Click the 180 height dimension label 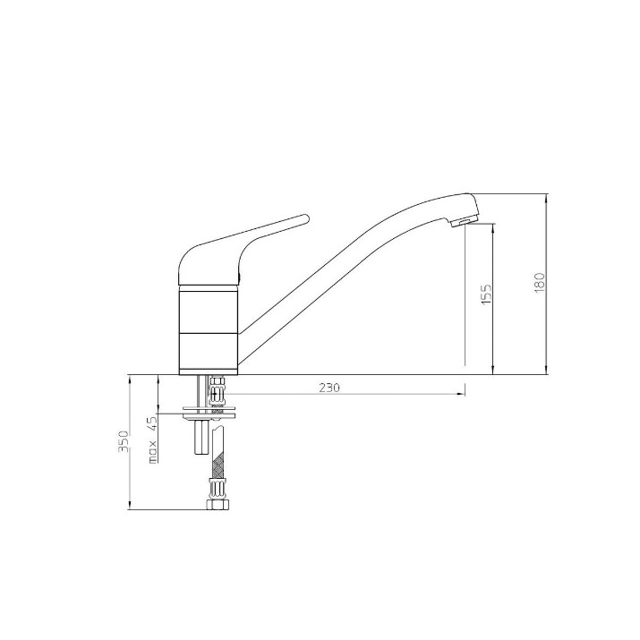539,283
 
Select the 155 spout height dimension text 486,294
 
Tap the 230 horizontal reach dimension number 329,388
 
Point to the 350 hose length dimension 124,440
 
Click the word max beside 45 153,452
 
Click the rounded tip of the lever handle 305,219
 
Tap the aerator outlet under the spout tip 461,222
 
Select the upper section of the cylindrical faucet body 209,310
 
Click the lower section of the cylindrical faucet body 209,351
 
